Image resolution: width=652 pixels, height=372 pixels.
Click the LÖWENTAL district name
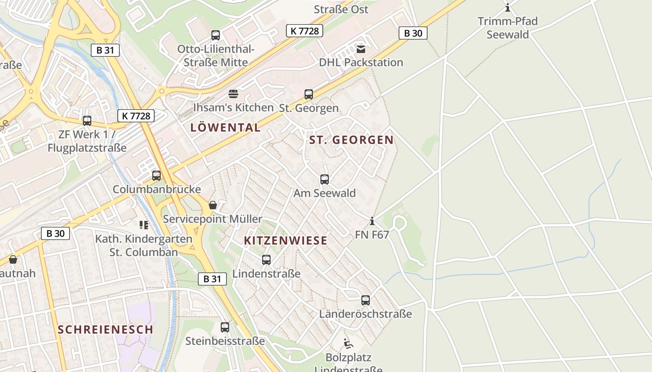point(225,127)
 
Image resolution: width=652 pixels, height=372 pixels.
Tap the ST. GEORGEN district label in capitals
point(352,140)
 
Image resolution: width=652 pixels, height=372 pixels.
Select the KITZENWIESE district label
point(286,240)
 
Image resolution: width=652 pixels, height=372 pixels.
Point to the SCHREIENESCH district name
point(105,329)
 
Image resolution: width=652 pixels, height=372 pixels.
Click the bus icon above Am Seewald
point(325,179)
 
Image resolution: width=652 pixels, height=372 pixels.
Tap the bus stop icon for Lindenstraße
point(266,260)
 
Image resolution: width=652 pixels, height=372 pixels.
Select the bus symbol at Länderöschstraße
point(366,300)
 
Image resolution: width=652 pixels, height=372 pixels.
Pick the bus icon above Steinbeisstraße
point(225,327)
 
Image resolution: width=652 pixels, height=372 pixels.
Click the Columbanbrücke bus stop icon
point(156,176)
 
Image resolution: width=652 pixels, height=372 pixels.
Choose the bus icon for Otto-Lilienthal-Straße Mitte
point(216,35)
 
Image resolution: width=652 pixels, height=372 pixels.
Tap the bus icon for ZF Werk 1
point(87,121)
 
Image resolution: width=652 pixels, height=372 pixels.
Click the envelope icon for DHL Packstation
point(361,49)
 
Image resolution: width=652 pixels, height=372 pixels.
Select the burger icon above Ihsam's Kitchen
point(233,94)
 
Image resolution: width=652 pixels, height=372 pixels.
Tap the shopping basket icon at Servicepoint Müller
point(213,205)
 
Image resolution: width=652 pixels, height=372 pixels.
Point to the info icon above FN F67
point(372,221)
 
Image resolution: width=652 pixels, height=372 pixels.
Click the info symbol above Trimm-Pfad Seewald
point(508,8)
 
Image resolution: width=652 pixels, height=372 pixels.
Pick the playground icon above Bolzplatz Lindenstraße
point(348,344)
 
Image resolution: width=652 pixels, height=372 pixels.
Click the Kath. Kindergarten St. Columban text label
point(143,246)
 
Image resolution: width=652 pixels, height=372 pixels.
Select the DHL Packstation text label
point(361,62)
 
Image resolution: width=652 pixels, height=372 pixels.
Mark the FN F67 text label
point(372,235)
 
